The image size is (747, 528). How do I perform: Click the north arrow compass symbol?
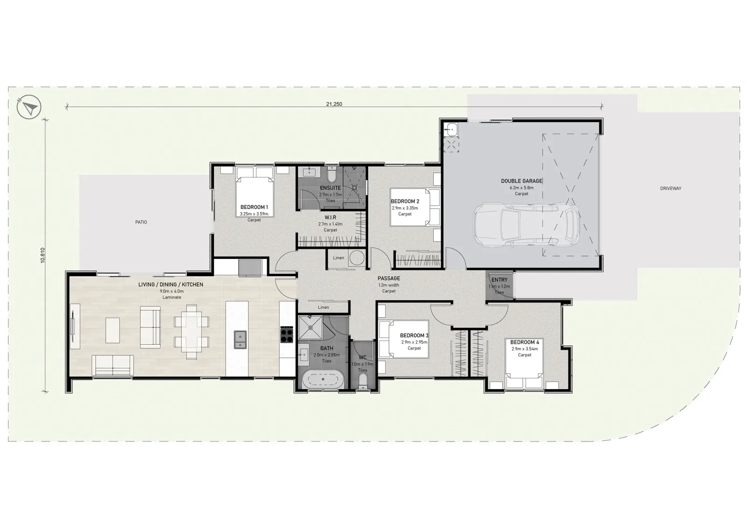[29, 107]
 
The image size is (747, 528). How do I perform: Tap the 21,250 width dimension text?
[334, 104]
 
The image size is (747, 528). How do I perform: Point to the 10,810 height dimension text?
[42, 256]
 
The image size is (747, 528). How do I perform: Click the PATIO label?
[141, 222]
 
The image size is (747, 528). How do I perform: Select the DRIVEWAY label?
[670, 188]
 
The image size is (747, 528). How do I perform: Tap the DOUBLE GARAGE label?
[521, 181]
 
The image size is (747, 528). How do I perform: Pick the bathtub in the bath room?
[323, 379]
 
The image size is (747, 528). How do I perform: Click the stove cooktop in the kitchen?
[287, 334]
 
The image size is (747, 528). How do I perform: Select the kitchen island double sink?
[240, 340]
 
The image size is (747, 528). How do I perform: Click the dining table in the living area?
[191, 332]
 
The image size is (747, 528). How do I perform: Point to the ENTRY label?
[499, 280]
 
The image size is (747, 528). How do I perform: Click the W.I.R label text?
[330, 217]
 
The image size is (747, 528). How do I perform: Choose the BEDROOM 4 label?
[525, 342]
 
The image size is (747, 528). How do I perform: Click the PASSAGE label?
[389, 278]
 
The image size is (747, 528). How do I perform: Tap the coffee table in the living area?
[113, 330]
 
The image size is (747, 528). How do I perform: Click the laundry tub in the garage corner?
[451, 129]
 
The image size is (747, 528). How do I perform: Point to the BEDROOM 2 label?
[405, 201]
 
